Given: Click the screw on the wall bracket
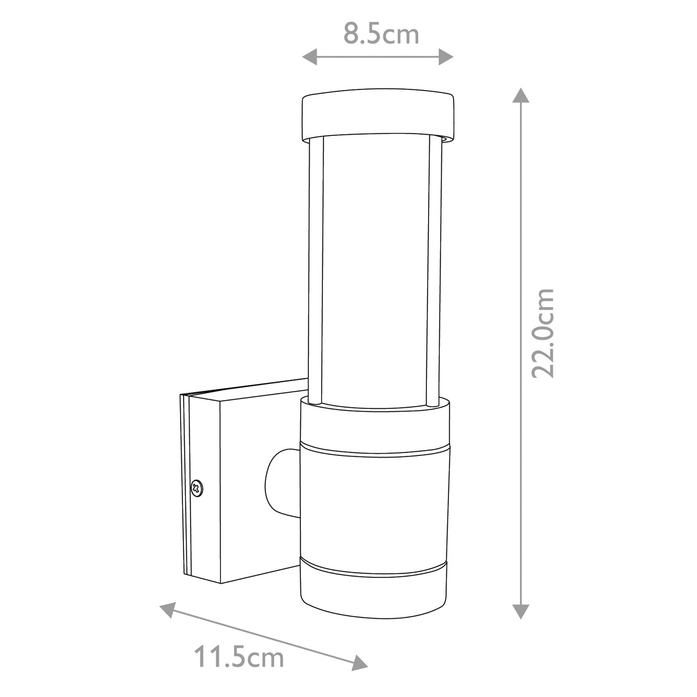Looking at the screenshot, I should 197,487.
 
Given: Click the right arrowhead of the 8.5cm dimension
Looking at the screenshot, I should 446,56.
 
